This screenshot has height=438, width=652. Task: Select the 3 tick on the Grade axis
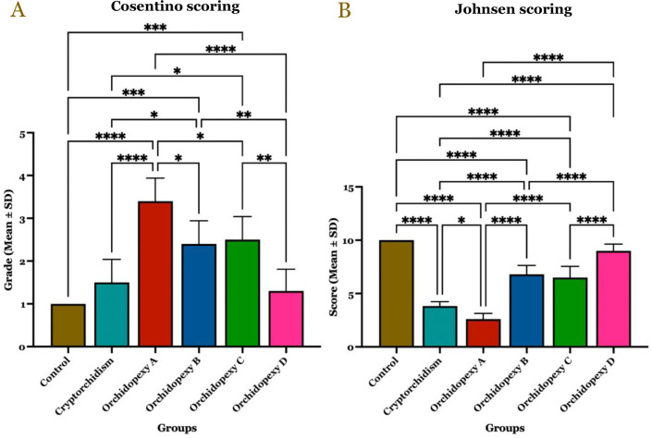(x=47, y=218)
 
